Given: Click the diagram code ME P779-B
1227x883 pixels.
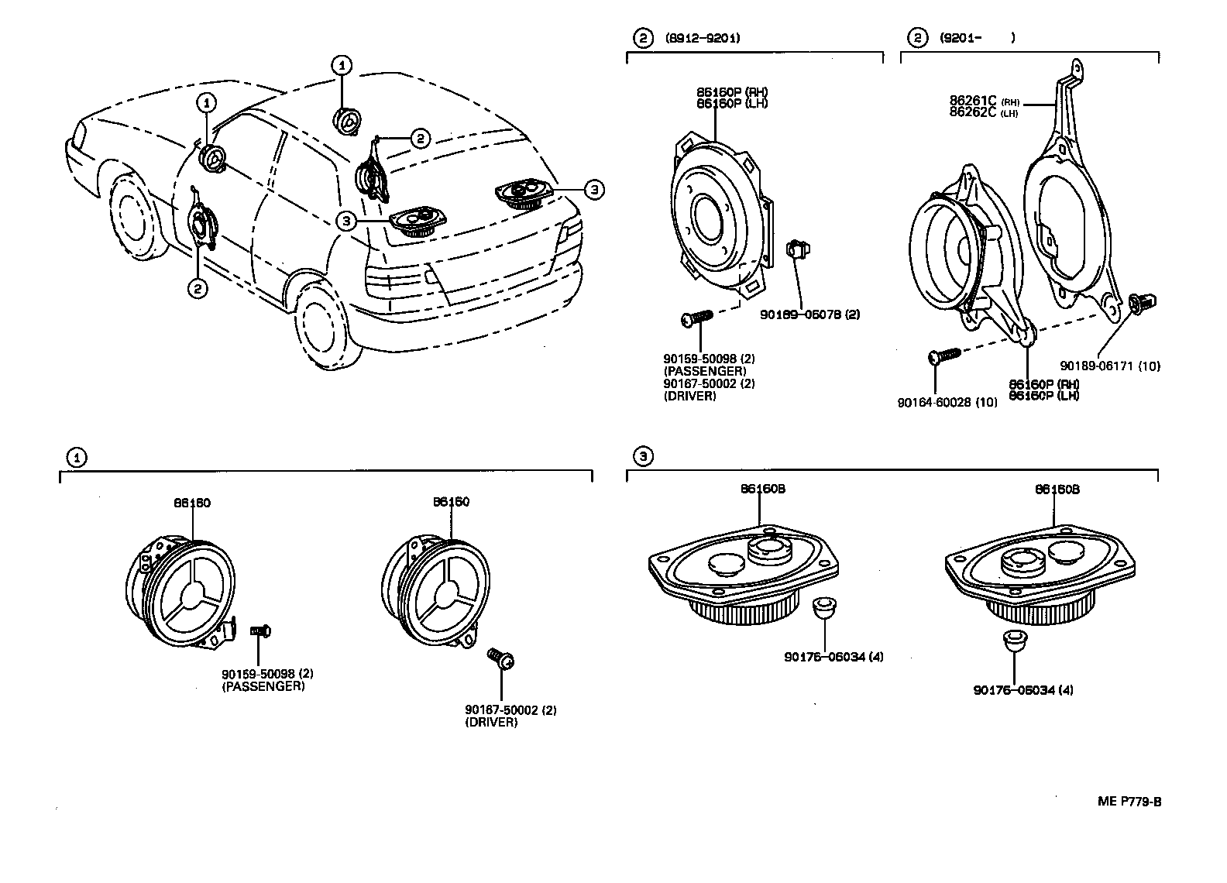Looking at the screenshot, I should (1129, 802).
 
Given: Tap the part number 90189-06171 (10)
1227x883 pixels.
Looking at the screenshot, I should (1110, 366).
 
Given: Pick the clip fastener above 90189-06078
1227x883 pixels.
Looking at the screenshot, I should (796, 250).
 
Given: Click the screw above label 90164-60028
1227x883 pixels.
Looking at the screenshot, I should (943, 356).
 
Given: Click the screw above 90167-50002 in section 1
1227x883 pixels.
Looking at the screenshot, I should (501, 658).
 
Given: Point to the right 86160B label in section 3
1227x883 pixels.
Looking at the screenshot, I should (1057, 490).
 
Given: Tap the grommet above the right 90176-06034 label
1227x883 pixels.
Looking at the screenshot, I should (1013, 641).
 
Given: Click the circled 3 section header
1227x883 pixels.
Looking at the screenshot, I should (642, 456).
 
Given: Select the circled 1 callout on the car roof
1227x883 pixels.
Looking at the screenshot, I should (342, 66).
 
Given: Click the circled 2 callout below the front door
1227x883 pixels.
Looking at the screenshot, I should (198, 289).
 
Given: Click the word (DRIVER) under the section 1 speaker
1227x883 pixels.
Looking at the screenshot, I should (491, 722).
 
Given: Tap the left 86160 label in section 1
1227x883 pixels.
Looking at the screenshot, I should (191, 503).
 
